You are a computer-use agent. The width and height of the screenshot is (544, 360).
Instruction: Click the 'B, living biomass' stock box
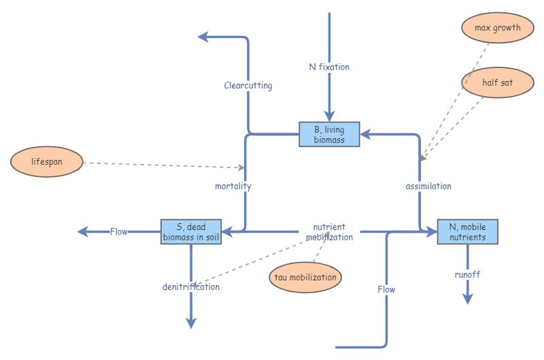tap(329, 134)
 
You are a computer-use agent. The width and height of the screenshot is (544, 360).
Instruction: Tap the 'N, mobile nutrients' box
tap(467, 232)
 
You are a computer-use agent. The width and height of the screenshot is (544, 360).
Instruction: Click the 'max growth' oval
tap(497, 28)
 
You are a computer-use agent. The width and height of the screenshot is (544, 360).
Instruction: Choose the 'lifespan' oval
tap(47, 162)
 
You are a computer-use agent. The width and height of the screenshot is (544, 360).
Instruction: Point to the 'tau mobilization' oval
tap(305, 278)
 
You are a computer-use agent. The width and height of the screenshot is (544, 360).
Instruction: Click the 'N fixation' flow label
tap(329, 67)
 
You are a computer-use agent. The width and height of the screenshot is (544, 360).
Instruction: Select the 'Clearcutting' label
tap(248, 86)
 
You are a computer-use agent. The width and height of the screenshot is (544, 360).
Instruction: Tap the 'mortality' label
tap(233, 186)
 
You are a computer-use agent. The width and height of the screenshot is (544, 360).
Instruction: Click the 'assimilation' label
tap(428, 186)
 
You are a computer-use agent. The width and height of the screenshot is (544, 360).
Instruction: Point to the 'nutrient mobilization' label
tap(329, 232)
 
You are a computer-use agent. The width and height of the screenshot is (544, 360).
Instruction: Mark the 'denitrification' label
tap(191, 287)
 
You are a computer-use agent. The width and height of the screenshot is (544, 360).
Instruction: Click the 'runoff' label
tap(468, 274)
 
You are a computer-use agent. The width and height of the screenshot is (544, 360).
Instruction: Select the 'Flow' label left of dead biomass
tap(119, 231)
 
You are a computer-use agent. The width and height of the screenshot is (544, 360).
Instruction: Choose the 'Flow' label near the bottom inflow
tap(386, 289)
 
